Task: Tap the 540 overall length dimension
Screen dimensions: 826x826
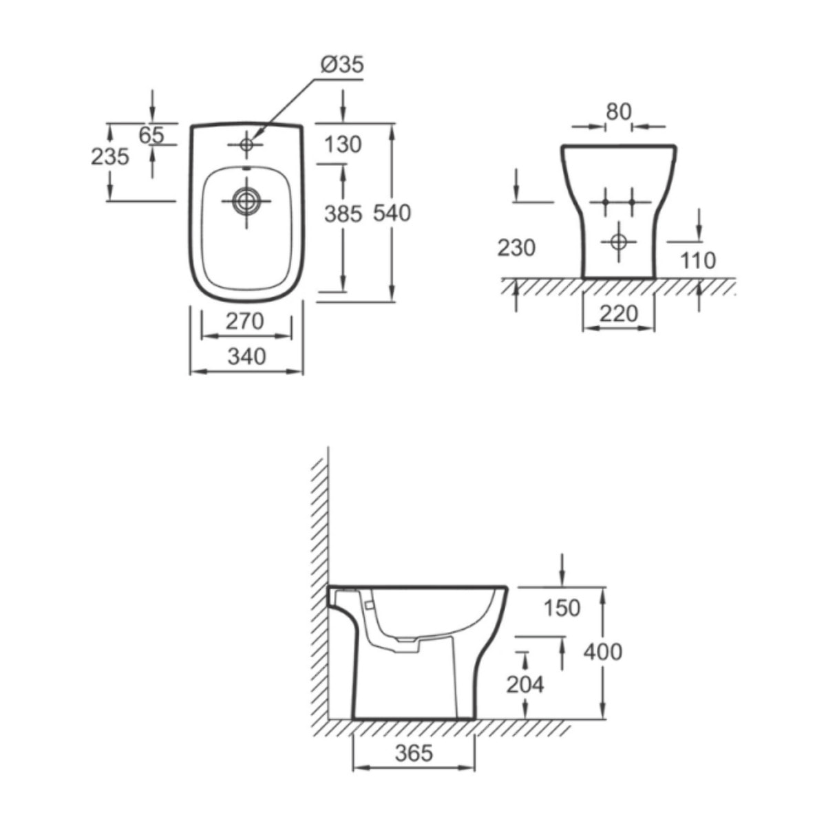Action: tap(392, 213)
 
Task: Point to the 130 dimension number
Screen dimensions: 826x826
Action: tap(343, 145)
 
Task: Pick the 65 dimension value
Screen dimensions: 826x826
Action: tap(151, 136)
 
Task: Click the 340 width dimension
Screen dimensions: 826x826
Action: tap(246, 356)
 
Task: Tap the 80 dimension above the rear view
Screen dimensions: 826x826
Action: tap(618, 112)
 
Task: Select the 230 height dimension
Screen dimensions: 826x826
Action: tap(516, 247)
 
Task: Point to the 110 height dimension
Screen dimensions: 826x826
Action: tap(699, 260)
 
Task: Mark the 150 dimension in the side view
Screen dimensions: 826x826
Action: tap(562, 608)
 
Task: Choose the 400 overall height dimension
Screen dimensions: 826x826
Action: tap(603, 651)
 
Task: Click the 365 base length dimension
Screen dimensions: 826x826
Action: tap(414, 753)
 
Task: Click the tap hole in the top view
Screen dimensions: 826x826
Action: tap(246, 145)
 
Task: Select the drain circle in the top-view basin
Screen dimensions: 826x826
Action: tap(246, 201)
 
